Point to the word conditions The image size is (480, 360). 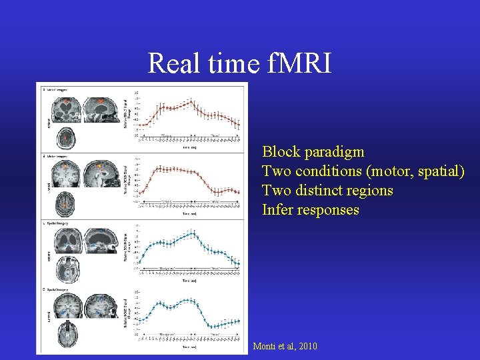pyautogui.click(x=329, y=171)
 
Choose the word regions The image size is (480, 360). pyautogui.click(x=371, y=191)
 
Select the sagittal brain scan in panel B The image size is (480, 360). pyautogui.click(x=102, y=174)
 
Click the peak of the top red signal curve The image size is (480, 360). pyautogui.click(x=191, y=101)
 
